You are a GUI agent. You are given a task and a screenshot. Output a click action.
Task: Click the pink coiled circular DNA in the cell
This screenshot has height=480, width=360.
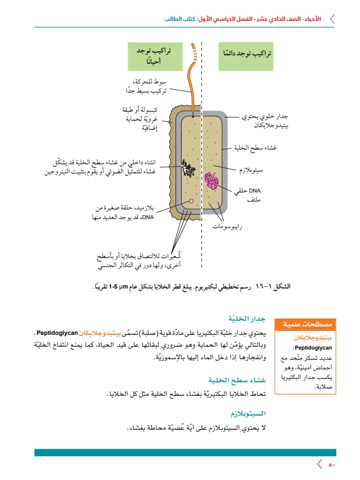212,181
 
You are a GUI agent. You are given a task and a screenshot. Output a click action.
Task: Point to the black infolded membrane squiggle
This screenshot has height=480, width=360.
188,167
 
